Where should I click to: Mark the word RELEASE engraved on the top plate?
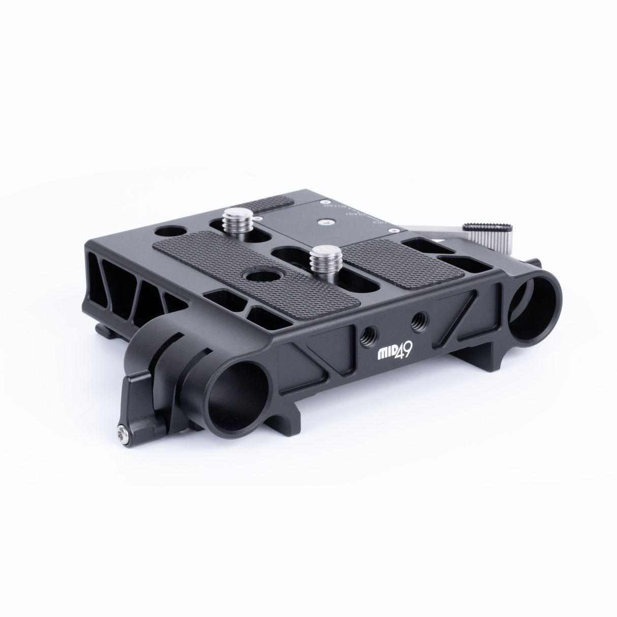click(330, 207)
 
